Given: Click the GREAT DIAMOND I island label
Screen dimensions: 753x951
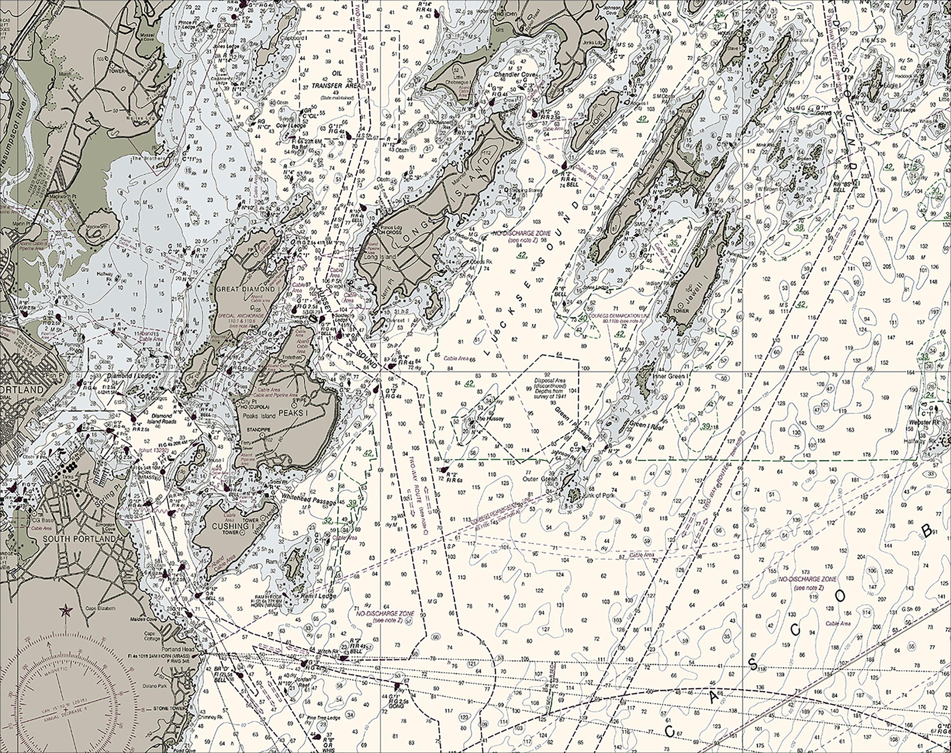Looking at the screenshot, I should [x=248, y=289].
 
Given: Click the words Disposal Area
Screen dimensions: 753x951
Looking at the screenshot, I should [x=549, y=380].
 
